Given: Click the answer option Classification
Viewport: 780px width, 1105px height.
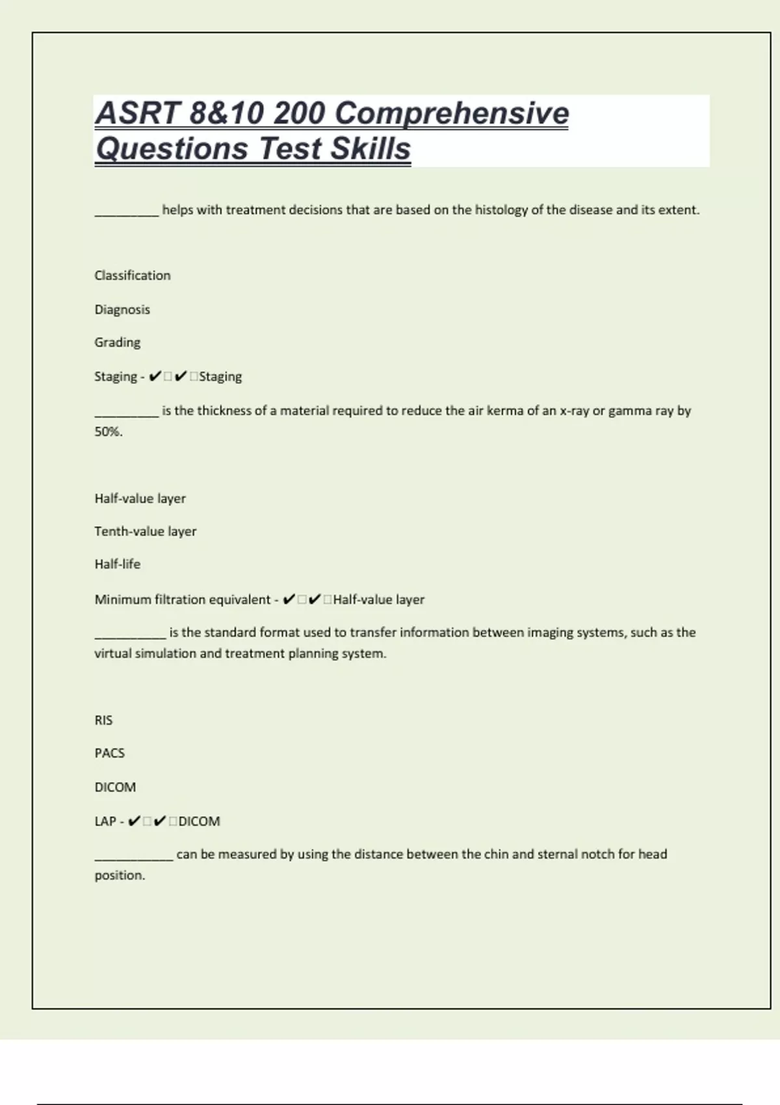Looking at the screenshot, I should point(133,276).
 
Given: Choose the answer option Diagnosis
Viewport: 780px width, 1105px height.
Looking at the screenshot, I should point(122,309).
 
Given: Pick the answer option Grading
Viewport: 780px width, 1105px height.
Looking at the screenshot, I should point(118,343).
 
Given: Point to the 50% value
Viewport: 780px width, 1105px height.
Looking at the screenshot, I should point(108,432).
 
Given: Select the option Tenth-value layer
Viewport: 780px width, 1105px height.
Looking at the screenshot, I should point(146,532).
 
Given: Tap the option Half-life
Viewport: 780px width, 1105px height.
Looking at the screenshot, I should point(118,564).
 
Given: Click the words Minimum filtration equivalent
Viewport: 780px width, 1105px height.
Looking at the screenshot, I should point(183,599).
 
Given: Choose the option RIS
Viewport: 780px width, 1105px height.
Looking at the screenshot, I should point(103,720).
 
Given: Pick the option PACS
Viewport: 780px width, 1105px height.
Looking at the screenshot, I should point(110,753).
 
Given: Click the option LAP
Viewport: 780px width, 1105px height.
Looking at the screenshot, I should point(105,822).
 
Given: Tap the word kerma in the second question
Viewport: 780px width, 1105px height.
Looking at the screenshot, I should point(506,411).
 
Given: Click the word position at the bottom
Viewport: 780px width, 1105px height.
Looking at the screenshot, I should point(120,876).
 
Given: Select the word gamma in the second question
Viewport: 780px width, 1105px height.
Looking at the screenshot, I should point(626,411).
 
